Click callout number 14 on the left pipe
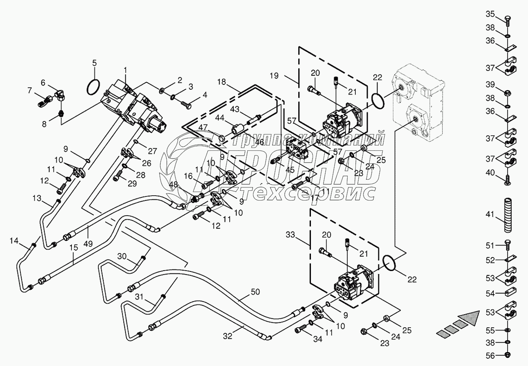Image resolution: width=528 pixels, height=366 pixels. click(14, 241)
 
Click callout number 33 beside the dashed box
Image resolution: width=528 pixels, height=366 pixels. click(290, 235)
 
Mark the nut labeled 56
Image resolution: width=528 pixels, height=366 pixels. click(507, 355)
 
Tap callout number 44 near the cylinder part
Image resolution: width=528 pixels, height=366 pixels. click(220, 117)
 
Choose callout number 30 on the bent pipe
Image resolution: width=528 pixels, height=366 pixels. click(122, 256)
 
